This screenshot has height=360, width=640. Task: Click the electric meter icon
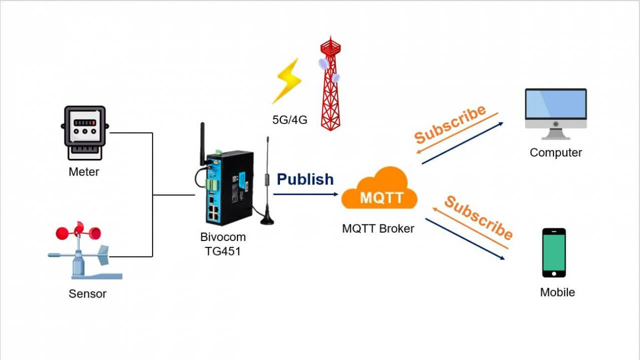[84, 132]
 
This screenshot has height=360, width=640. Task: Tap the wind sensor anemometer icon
[85, 250]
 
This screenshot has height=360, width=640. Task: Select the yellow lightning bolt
[287, 80]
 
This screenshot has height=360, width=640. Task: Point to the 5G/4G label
[289, 120]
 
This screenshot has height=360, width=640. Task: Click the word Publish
[305, 179]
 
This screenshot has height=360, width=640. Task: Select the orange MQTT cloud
[379, 190]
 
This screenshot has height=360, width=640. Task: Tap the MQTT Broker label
[378, 228]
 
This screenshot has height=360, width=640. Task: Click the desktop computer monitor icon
[555, 113]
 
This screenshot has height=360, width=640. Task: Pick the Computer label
[555, 152]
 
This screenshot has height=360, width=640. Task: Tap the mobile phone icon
[554, 252]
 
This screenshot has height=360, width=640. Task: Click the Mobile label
[557, 292]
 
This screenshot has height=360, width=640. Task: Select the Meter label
[84, 172]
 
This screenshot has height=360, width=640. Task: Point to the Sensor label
[87, 293]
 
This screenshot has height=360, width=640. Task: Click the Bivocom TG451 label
[222, 244]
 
